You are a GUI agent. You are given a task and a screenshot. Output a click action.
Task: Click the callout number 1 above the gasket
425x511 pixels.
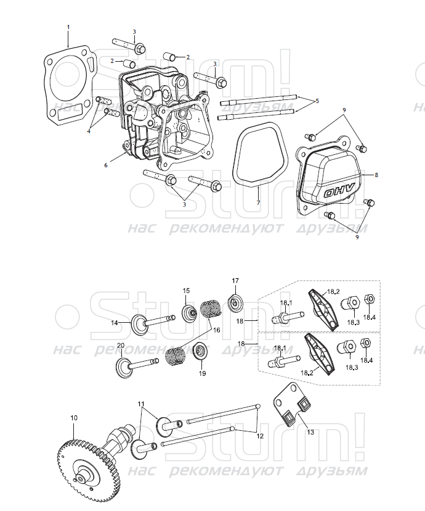pyautogui.click(x=68, y=27)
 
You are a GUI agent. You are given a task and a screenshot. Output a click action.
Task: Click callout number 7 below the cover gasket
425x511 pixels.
pyautogui.click(x=258, y=203)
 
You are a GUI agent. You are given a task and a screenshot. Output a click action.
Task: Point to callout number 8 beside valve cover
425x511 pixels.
pyautogui.click(x=376, y=175)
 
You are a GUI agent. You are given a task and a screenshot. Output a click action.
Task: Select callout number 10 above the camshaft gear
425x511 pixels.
pyautogui.click(x=74, y=418)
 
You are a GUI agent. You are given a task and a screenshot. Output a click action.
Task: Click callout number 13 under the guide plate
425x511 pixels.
pyautogui.click(x=310, y=433)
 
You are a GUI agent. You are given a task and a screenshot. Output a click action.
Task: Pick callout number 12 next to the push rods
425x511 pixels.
pyautogui.click(x=259, y=436)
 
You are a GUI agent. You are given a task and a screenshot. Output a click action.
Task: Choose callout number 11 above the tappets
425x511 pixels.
pyautogui.click(x=142, y=404)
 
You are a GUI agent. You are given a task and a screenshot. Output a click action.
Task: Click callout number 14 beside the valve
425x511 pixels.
pyautogui.click(x=115, y=323)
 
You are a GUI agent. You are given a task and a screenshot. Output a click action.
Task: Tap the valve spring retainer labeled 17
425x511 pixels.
pyautogui.click(x=235, y=303)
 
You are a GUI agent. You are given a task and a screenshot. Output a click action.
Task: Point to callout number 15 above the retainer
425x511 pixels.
pyautogui.click(x=186, y=290)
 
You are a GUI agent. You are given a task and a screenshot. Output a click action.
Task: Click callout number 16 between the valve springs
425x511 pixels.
pyautogui.click(x=216, y=330)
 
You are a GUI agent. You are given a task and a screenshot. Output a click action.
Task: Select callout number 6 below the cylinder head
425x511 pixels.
pyautogui.click(x=105, y=165)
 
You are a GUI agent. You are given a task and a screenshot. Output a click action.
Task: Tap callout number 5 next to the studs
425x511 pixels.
pyautogui.click(x=317, y=100)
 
